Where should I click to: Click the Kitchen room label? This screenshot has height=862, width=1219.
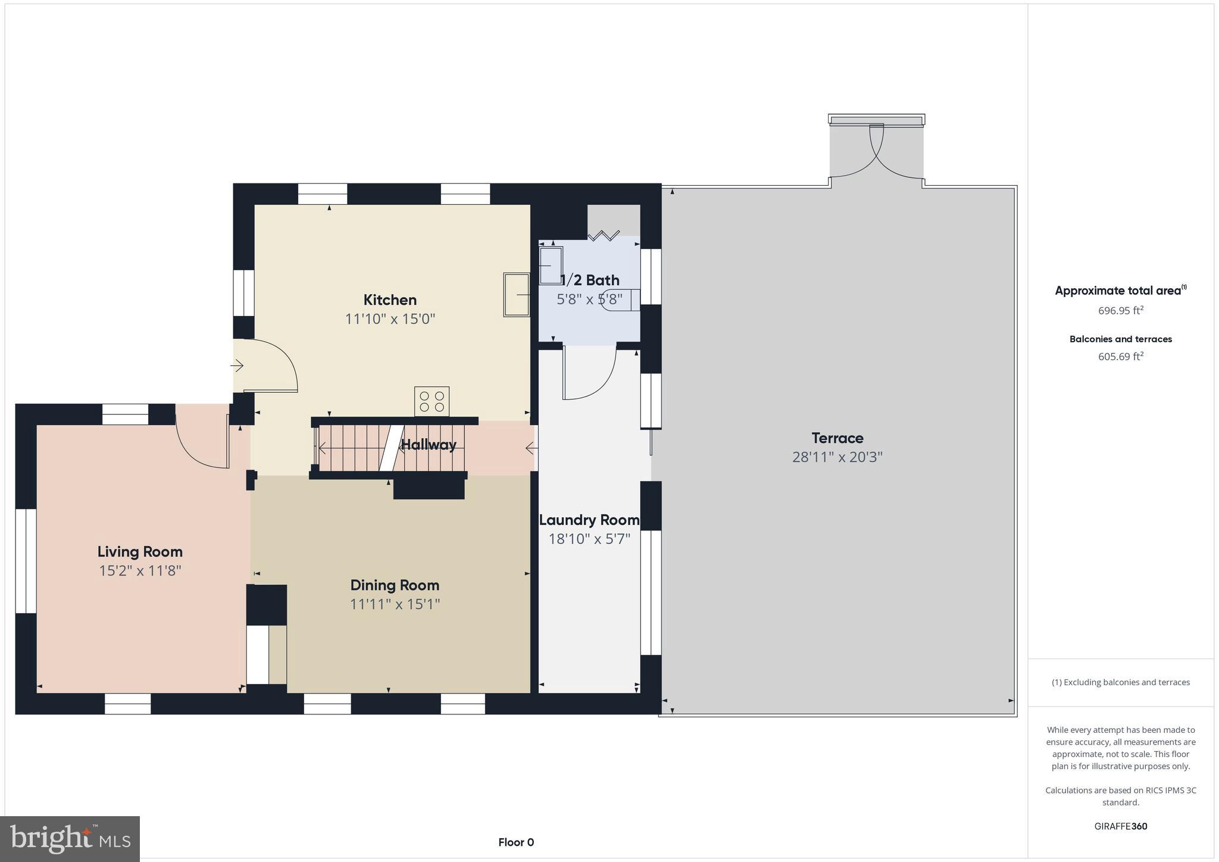pyautogui.click(x=390, y=299)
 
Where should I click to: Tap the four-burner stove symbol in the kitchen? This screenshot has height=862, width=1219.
pyautogui.click(x=432, y=401)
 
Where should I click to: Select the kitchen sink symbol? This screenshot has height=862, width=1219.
pyautogui.click(x=517, y=294)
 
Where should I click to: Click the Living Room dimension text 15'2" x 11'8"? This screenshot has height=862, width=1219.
pyautogui.click(x=140, y=571)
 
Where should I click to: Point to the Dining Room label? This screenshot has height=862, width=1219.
pyautogui.click(x=395, y=585)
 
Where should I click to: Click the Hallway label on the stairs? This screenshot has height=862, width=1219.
pyautogui.click(x=429, y=445)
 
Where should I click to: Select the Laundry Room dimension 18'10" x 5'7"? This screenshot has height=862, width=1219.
pyautogui.click(x=589, y=539)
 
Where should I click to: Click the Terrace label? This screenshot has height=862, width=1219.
pyautogui.click(x=837, y=438)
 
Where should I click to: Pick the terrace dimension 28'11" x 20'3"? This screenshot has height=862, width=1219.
pyautogui.click(x=837, y=457)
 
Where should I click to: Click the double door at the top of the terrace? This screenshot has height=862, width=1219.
pyautogui.click(x=876, y=152)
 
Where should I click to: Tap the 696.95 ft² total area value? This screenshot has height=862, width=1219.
pyautogui.click(x=1120, y=310)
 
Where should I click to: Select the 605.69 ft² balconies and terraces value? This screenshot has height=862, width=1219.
pyautogui.click(x=1120, y=357)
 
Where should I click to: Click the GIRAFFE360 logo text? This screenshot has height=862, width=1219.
pyautogui.click(x=1120, y=826)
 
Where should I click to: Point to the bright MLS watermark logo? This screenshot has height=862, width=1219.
pyautogui.click(x=70, y=839)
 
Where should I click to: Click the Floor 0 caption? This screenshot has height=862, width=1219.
pyautogui.click(x=516, y=842)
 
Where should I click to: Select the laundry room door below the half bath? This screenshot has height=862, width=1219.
pyautogui.click(x=589, y=374)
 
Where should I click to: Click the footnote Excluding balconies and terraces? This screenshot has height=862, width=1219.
pyautogui.click(x=1120, y=682)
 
